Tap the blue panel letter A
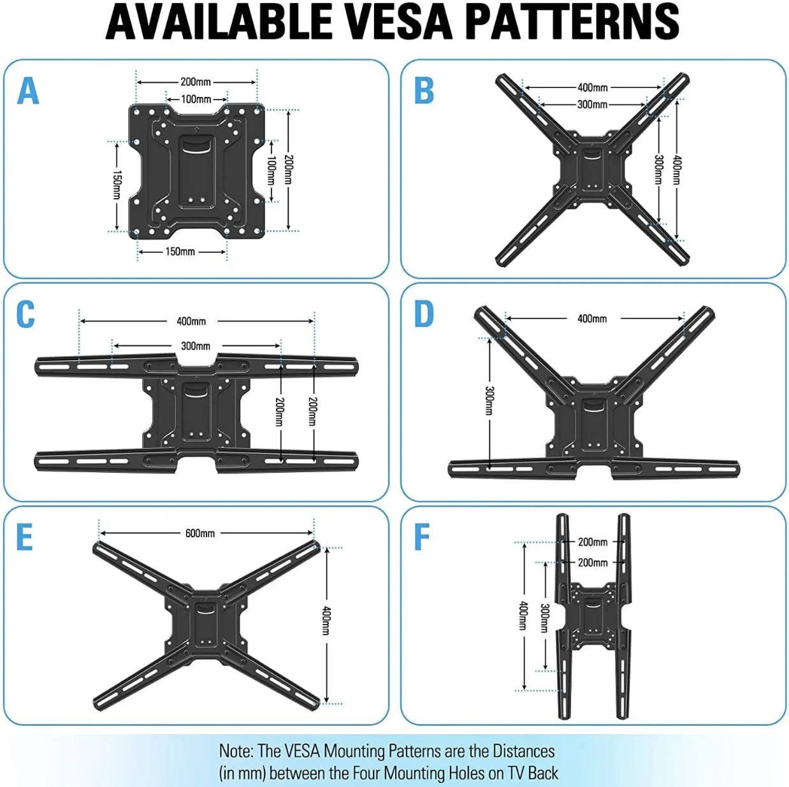28,90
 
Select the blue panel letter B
424,90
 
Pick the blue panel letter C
25,315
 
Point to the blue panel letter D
424,314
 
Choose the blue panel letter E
24,538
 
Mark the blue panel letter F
422,537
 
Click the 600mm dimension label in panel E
200,533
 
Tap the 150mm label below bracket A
180,252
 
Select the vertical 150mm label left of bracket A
117,185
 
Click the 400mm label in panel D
592,319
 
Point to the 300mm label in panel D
489,400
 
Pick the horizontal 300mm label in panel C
196,346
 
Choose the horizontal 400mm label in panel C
191,321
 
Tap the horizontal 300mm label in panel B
592,105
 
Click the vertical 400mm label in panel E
326,621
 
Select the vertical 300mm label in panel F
544,618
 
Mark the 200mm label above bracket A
196,82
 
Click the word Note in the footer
236,751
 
